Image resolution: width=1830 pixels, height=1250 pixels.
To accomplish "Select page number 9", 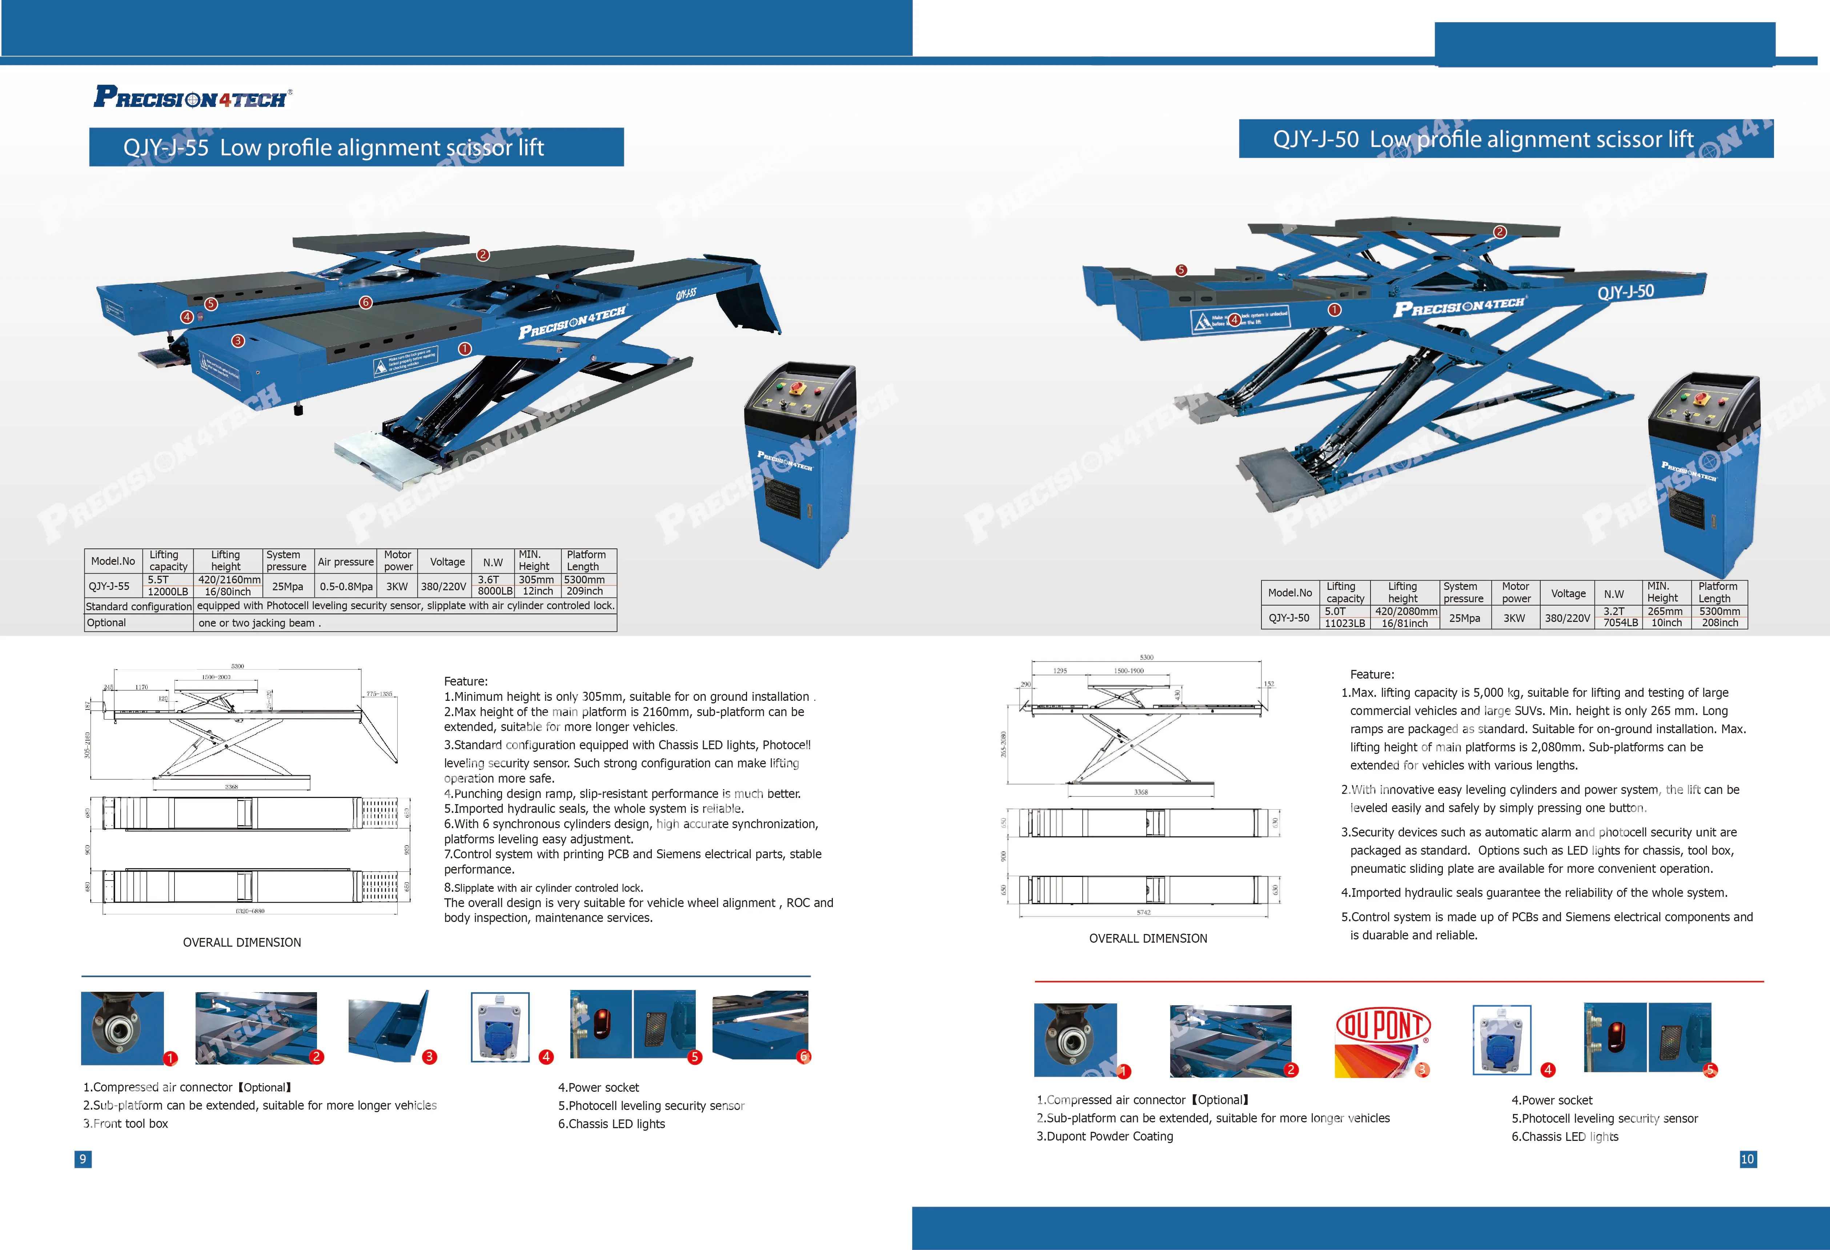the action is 83,1159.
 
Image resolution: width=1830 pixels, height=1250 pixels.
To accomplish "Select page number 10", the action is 1747,1159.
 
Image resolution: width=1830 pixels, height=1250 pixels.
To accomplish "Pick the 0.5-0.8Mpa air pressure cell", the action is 346,586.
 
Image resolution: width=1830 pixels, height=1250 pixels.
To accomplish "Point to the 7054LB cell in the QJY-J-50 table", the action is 1621,623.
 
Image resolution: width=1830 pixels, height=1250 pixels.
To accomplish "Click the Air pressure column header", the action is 346,562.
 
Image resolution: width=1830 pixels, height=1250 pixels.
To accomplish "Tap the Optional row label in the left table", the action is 106,622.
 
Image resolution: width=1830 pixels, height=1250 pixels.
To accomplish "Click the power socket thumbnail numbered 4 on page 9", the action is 500,1027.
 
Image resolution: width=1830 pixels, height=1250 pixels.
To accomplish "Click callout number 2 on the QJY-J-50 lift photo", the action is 1500,232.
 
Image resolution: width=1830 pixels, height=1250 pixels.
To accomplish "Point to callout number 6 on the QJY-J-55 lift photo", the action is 365,303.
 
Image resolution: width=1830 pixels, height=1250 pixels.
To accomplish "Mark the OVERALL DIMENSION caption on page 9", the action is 242,942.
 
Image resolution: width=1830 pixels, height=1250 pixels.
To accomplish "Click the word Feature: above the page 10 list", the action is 1372,674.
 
